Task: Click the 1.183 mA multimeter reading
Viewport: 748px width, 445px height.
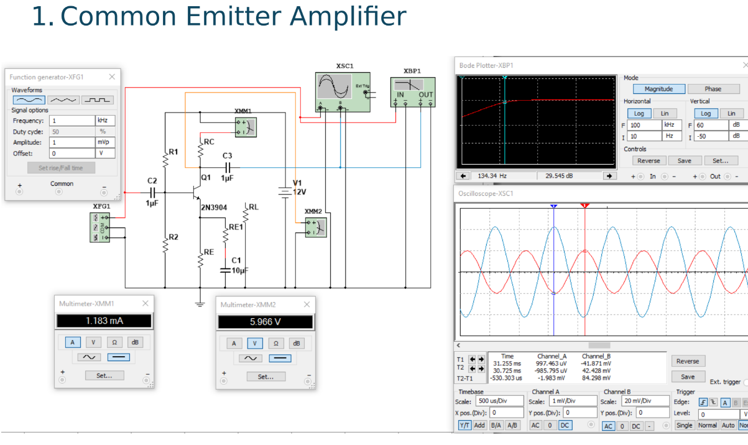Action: click(104, 321)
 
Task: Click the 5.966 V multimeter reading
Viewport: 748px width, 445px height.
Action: click(265, 322)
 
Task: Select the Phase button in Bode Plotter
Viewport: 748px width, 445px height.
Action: click(713, 89)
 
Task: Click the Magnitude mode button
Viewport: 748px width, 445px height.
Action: click(658, 89)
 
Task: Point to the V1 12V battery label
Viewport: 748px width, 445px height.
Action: click(299, 187)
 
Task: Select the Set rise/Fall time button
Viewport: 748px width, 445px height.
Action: click(61, 168)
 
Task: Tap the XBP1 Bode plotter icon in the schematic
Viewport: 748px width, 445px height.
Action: click(413, 91)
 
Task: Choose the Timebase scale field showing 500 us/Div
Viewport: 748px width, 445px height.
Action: click(499, 401)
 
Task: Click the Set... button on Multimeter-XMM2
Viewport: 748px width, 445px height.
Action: click(265, 377)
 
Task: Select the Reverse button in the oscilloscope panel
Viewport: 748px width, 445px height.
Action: click(687, 361)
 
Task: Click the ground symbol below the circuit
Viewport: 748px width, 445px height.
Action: click(200, 303)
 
